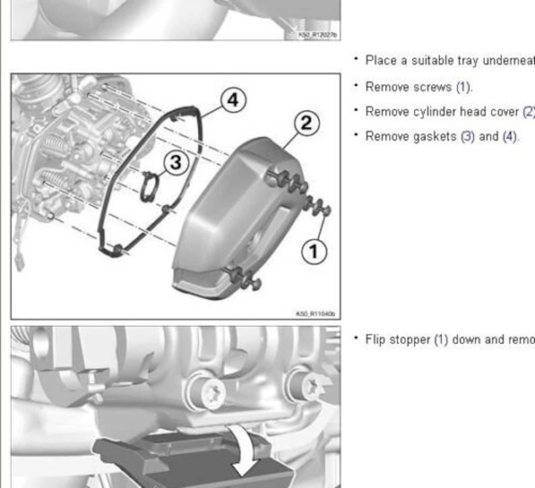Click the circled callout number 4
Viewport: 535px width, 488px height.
(x=233, y=100)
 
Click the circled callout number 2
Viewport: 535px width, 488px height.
(x=307, y=123)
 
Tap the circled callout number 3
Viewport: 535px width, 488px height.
(x=176, y=163)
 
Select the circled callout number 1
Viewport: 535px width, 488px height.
(x=314, y=252)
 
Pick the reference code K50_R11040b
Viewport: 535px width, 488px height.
(x=315, y=314)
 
